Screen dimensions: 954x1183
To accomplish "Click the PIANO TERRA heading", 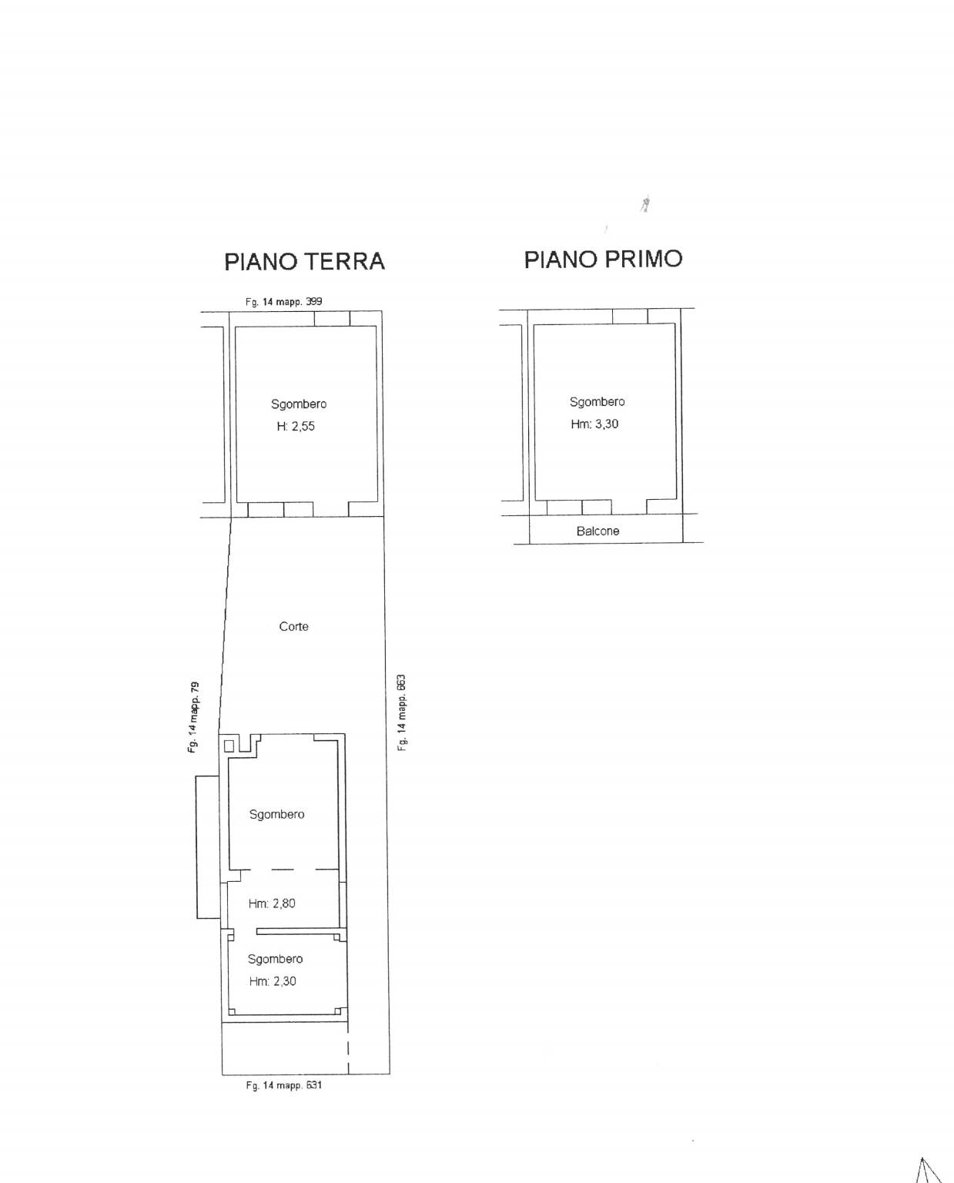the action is [x=304, y=262].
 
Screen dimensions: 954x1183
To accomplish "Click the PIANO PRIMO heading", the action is [x=603, y=260].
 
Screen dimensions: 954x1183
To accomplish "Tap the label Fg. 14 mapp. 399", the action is [x=283, y=302].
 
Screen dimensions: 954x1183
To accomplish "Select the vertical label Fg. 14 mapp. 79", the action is [x=193, y=717].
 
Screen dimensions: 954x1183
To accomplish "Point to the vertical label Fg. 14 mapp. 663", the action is [x=402, y=712].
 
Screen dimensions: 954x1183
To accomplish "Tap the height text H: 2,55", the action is [x=296, y=426].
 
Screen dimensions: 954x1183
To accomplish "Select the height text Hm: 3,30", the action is [x=594, y=424].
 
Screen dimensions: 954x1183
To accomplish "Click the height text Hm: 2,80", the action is [x=272, y=903].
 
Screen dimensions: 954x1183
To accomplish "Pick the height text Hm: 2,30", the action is [x=273, y=981].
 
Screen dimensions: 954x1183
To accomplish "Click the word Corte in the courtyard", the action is [x=293, y=627].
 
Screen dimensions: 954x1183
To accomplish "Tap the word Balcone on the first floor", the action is [x=598, y=531].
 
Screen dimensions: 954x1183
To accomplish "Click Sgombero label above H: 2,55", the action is [x=299, y=404].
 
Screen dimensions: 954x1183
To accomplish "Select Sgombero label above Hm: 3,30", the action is [x=597, y=402].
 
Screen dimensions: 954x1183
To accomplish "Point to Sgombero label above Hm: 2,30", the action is [x=275, y=960].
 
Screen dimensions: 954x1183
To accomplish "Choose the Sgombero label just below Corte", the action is [x=276, y=814].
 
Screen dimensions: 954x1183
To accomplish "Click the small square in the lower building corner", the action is [x=229, y=746].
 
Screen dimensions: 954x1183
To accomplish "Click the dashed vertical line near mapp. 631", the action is [x=348, y=1047].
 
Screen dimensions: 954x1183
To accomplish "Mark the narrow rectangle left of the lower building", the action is [x=208, y=846].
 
